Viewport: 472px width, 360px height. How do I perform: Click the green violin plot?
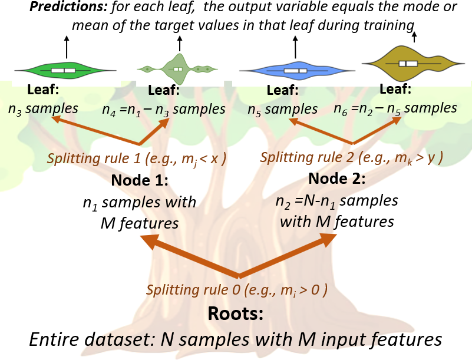(x=64, y=70)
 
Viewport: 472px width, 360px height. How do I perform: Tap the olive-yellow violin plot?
(x=408, y=62)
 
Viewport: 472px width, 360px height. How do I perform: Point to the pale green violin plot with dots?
(x=177, y=68)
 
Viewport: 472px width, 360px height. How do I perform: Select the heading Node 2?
(x=337, y=179)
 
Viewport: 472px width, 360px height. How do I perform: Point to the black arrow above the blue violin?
(x=295, y=46)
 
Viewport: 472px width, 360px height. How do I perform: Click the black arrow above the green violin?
(x=66, y=46)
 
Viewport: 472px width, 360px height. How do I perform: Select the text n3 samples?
(x=43, y=108)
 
